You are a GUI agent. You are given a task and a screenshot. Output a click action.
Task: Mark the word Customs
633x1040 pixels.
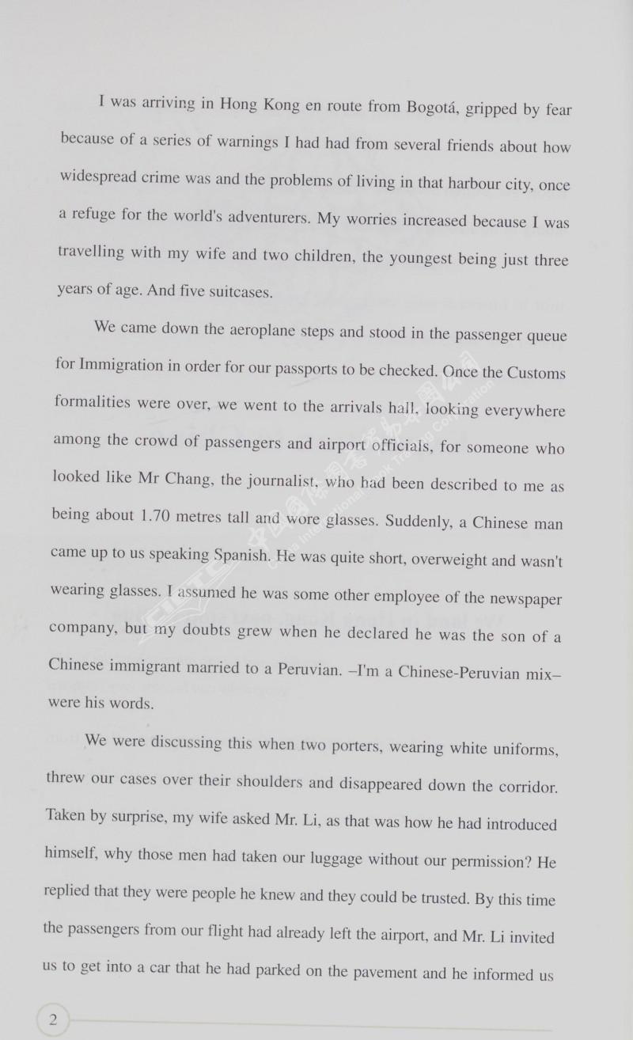pyautogui.click(x=536, y=373)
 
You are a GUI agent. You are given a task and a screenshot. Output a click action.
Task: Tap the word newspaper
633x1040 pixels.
pyautogui.click(x=516, y=599)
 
